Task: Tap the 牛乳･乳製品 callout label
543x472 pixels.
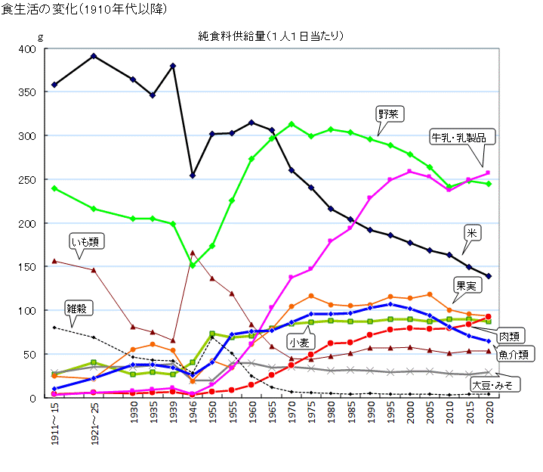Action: coord(463,137)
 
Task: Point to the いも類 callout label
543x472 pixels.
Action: coord(86,241)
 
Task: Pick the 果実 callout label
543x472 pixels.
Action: coord(464,285)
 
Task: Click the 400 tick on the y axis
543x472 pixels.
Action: coord(27,49)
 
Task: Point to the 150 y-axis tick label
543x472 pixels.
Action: coord(27,267)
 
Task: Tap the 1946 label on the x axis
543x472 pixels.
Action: coord(193,415)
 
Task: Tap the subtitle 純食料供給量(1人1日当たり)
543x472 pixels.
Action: coord(271,36)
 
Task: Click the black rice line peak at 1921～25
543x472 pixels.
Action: coord(93,56)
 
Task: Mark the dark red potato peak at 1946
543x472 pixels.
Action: coord(193,253)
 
